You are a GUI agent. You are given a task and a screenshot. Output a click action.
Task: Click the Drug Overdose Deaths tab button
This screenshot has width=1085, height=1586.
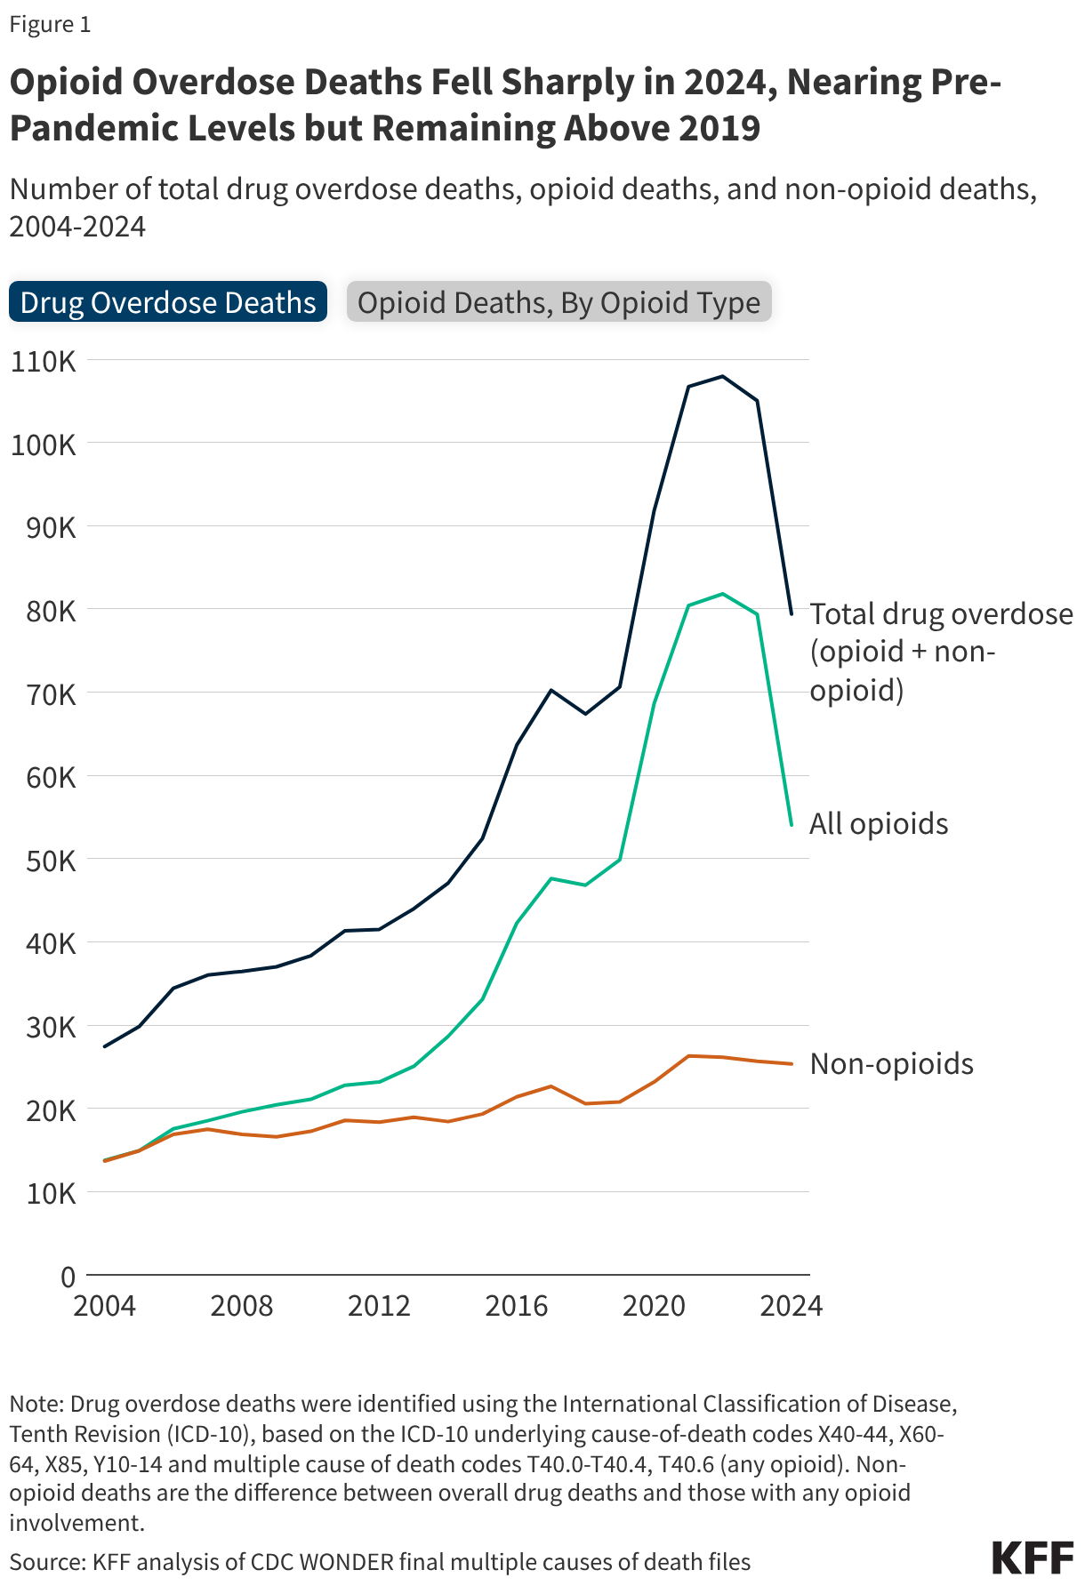(168, 302)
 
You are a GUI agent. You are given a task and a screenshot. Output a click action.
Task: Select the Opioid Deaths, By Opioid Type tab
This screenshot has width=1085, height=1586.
(559, 302)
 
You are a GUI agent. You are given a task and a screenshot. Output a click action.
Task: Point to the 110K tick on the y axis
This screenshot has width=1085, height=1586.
(44, 361)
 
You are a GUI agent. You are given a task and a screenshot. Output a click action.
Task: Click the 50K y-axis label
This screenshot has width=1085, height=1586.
(44, 861)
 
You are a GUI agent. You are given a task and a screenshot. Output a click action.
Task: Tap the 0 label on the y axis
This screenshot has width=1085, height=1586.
(68, 1277)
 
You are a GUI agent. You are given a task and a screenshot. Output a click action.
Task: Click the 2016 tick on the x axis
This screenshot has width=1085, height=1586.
(517, 1305)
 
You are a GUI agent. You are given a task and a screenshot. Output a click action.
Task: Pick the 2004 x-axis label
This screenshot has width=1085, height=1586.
(105, 1305)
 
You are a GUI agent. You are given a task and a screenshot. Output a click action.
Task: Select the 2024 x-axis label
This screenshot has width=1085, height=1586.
(792, 1305)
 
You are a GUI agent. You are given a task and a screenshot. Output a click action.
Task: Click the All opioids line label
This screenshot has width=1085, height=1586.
(879, 824)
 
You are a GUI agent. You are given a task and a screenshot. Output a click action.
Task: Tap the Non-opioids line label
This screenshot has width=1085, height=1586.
(891, 1064)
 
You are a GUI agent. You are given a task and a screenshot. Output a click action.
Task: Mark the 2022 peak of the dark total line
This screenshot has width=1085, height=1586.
(723, 376)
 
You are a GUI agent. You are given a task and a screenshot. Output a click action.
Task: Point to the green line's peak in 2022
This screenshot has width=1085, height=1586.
(723, 594)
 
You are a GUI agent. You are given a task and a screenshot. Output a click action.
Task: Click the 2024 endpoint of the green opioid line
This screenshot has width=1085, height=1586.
(792, 825)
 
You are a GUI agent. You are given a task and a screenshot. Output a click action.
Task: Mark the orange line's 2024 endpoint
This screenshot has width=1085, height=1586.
(792, 1064)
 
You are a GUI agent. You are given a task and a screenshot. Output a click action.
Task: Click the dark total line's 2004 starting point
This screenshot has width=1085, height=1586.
(105, 1046)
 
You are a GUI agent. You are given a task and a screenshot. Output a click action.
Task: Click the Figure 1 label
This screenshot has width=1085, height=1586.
(50, 25)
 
